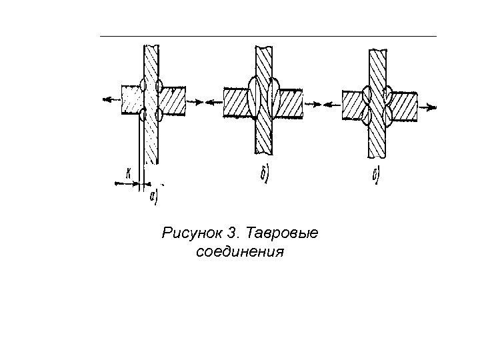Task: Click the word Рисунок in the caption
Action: click(191, 234)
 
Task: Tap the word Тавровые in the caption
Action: click(283, 234)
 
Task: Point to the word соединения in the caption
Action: click(241, 253)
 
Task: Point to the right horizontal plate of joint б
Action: click(289, 103)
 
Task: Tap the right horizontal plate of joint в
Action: click(403, 105)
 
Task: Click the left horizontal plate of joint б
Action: click(237, 103)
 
